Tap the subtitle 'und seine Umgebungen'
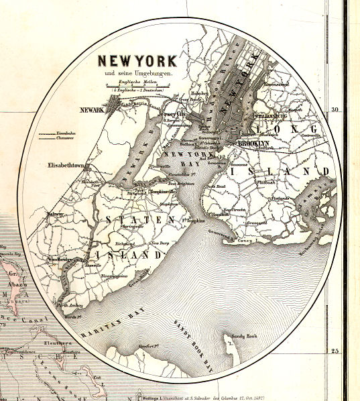136,72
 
